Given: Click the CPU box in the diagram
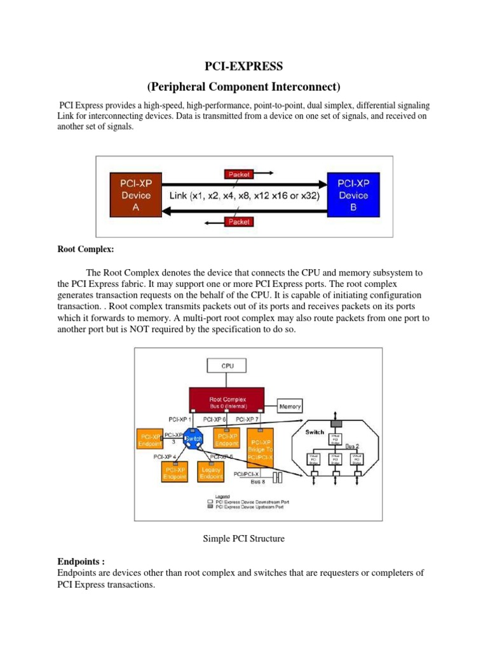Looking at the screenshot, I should coord(227,366).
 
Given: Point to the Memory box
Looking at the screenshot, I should coord(290,406).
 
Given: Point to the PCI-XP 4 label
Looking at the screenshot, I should coord(166,456).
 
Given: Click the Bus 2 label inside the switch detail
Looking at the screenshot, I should coord(353,446).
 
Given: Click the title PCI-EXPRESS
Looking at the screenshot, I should coord(244,65).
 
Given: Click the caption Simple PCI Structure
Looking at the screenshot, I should coord(244,539).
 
